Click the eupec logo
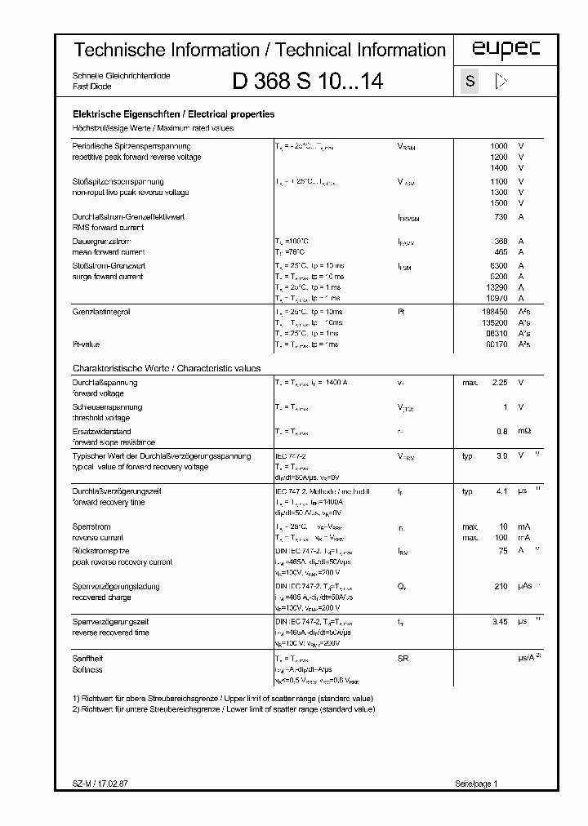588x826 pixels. tap(506, 51)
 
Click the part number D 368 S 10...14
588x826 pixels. tap(308, 82)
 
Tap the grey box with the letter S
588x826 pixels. tap(470, 82)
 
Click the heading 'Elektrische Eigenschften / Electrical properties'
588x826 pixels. tap(174, 115)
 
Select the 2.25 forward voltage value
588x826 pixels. tap(498, 383)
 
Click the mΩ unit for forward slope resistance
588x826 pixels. tap(523, 432)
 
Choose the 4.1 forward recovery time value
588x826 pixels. tap(501, 492)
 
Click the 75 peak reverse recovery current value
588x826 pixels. tap(502, 552)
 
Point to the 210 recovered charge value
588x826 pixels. tap(500, 587)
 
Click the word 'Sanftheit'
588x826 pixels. tap(89, 658)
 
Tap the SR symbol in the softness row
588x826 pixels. tap(403, 658)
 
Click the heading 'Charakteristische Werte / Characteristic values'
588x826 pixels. tap(167, 369)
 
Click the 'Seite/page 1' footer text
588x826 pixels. tap(475, 784)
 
